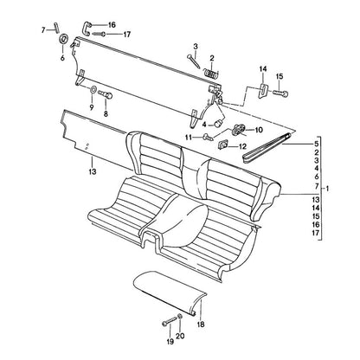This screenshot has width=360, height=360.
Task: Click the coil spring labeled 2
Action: (211, 73)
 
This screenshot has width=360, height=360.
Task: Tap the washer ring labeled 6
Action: (64, 39)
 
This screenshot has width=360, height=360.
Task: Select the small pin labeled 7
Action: (57, 28)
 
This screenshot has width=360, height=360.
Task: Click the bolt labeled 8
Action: (106, 94)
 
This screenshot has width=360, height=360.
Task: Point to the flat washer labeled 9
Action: (93, 89)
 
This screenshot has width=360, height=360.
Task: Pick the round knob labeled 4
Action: (219, 123)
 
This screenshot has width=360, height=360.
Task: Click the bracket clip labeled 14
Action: (263, 90)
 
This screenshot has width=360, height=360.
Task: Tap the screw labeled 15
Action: (280, 93)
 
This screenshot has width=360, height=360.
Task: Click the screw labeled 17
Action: (99, 34)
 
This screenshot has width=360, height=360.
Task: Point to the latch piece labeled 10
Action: (239, 129)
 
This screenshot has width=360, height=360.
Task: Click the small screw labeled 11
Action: (209, 136)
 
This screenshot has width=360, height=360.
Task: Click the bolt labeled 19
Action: (169, 322)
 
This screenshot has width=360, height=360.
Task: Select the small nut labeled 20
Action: (180, 317)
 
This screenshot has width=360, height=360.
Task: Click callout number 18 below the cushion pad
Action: (201, 325)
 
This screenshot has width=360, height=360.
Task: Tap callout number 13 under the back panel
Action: (93, 171)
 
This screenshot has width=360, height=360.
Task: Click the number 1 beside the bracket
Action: (327, 189)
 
